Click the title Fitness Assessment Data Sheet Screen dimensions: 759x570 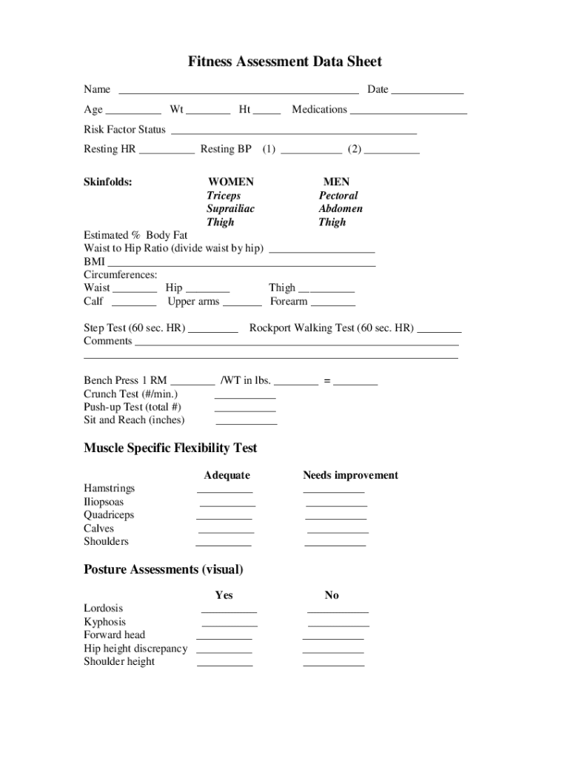point(284,62)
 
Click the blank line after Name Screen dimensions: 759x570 point(238,92)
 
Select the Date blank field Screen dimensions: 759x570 point(427,92)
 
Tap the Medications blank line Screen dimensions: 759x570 point(409,112)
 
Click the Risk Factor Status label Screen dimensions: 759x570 point(124,130)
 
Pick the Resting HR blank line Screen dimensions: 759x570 point(167,152)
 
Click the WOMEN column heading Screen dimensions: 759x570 point(230,182)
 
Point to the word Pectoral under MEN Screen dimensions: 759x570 point(338,196)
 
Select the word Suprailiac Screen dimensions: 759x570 point(230,209)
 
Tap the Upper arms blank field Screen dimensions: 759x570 point(242,304)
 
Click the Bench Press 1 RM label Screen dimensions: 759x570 point(125,381)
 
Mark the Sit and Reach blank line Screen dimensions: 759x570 point(246,422)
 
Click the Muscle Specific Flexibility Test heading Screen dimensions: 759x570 point(170,448)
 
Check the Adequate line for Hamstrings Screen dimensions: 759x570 point(224,491)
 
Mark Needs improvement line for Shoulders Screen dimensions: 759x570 point(335,545)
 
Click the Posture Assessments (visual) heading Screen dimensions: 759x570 point(163,570)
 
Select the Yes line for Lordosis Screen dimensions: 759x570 point(229,611)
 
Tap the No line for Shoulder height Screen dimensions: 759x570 point(333,665)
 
